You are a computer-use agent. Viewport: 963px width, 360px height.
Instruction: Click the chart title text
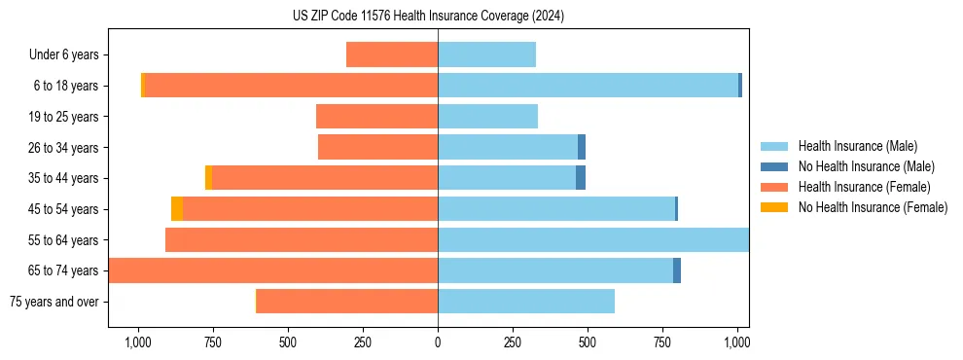(428, 17)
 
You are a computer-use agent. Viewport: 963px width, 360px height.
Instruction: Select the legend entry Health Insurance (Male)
(857, 146)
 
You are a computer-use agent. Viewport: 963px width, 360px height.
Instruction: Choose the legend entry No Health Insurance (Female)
(873, 207)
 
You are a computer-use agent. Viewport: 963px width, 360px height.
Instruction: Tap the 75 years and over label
(53, 302)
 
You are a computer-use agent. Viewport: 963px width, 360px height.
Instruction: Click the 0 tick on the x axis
(438, 342)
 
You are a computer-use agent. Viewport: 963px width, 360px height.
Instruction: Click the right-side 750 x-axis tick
(662, 342)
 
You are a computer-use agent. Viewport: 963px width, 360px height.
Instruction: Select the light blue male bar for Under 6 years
(486, 54)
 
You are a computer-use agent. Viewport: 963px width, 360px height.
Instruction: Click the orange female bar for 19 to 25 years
(376, 117)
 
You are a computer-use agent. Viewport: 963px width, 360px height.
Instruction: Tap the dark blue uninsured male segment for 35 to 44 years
(581, 178)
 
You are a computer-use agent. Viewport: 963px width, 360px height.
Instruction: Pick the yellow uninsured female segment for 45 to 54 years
(177, 209)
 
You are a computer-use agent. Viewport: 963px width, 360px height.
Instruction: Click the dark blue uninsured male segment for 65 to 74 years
(677, 270)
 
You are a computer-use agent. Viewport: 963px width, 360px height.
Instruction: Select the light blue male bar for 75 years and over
(525, 302)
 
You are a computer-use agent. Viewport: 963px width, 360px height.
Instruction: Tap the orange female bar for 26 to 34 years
(377, 147)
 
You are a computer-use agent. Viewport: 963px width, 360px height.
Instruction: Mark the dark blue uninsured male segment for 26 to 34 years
(582, 147)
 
